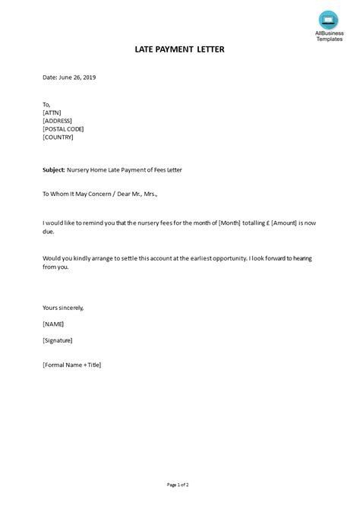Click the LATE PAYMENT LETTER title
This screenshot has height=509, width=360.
[180, 49]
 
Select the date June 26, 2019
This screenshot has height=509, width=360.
[77, 77]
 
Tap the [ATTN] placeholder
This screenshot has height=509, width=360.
[52, 112]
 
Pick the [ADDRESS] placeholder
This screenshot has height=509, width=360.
[58, 121]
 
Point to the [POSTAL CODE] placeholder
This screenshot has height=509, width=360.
[64, 129]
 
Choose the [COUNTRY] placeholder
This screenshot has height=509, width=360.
[58, 138]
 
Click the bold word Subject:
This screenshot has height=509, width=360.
[54, 169]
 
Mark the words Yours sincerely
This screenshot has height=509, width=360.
[63, 308]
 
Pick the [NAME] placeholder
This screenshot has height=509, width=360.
[54, 324]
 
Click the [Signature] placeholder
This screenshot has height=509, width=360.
[58, 340]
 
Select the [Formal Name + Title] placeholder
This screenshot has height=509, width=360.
[72, 365]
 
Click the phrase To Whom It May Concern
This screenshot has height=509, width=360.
[74, 194]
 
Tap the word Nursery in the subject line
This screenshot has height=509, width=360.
[79, 169]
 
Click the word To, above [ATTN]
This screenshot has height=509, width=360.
[47, 104]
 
